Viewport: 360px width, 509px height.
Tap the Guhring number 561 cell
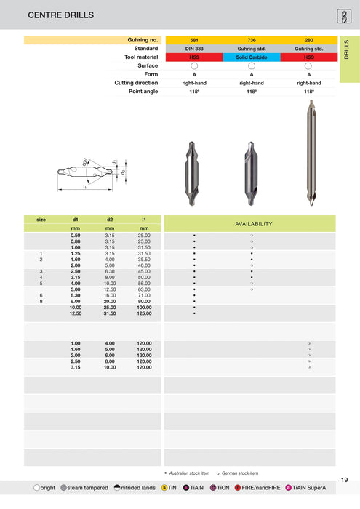tap(194, 39)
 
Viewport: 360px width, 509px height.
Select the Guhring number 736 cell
tap(252, 39)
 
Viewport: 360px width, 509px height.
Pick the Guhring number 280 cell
tap(309, 39)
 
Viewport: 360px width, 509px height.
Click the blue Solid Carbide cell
tap(252, 57)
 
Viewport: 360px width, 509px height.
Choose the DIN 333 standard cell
tap(194, 48)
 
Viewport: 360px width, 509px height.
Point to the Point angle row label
tap(143, 92)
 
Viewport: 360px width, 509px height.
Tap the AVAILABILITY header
tap(252, 224)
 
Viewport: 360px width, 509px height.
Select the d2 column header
tap(110, 219)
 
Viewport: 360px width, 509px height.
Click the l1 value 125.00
tap(143, 313)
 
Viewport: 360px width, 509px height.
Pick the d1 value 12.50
tap(76, 313)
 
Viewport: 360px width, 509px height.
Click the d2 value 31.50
tap(110, 313)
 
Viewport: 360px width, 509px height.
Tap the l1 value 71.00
tap(143, 295)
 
